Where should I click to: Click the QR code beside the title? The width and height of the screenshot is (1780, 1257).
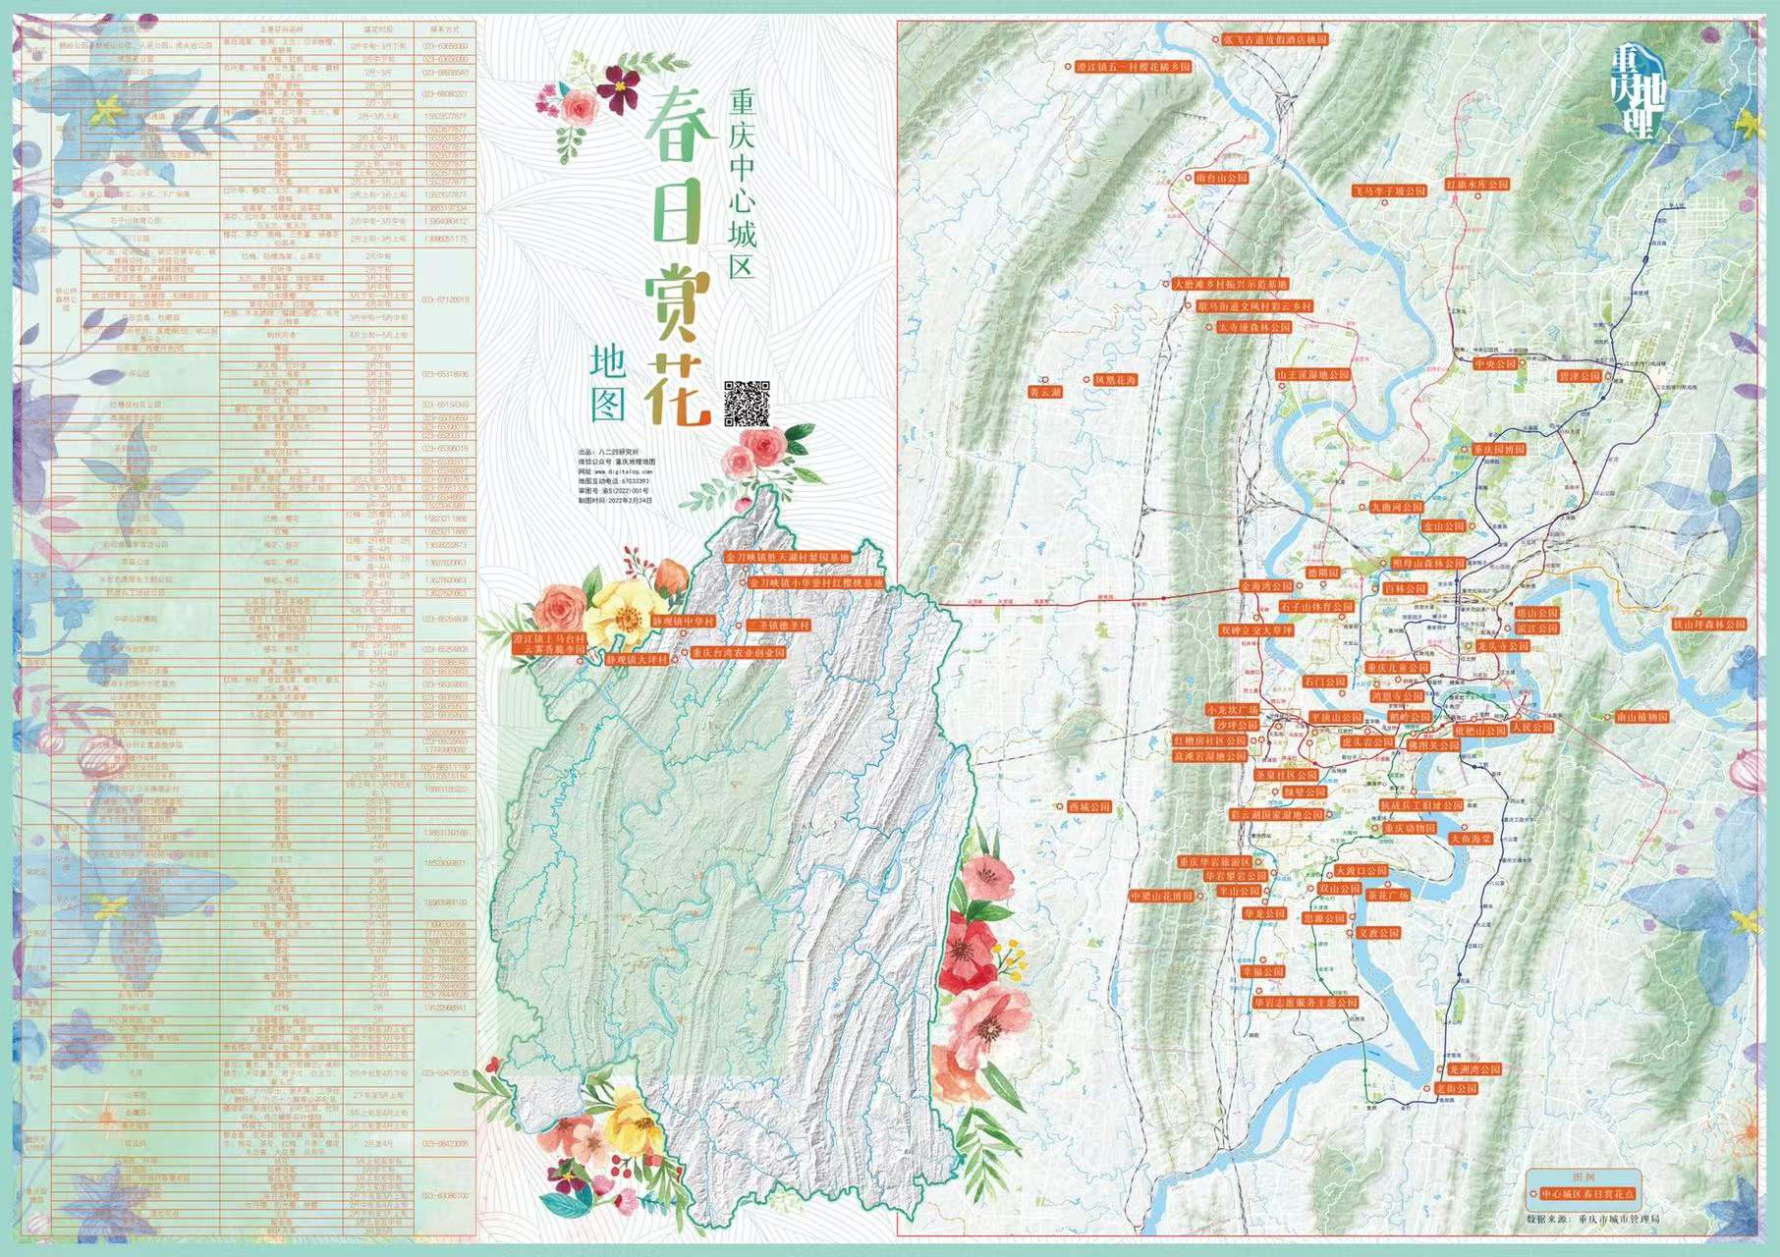[746, 403]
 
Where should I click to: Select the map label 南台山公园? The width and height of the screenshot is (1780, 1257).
[1221, 179]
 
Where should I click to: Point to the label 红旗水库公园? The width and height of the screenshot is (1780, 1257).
[1476, 185]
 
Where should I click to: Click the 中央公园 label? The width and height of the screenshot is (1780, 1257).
[1495, 364]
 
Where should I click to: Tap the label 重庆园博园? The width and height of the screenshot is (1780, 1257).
[1499, 450]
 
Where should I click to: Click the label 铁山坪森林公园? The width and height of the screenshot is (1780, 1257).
[1710, 625]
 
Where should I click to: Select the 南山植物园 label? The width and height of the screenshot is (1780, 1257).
[1642, 718]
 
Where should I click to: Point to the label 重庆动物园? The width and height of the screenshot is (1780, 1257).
[1410, 828]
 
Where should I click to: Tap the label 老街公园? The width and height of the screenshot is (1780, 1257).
[1456, 1088]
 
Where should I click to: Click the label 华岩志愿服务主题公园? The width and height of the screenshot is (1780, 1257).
[1306, 1003]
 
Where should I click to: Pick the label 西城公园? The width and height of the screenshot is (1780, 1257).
[1088, 807]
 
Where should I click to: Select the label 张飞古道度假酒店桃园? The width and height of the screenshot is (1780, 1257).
[1275, 40]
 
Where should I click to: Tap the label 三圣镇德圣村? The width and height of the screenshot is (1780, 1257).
[779, 626]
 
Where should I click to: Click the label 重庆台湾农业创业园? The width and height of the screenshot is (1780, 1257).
[738, 652]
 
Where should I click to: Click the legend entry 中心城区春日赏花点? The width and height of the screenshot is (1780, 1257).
[1585, 1194]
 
